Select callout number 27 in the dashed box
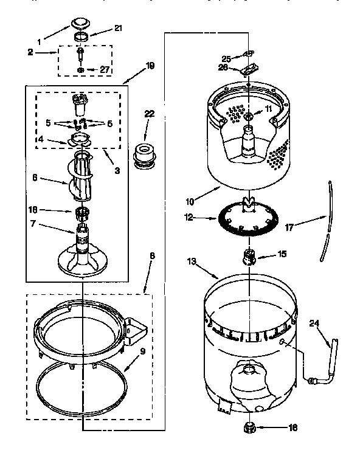point(105,70)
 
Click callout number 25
point(226,58)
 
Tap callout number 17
point(290,228)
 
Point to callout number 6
point(35,179)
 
